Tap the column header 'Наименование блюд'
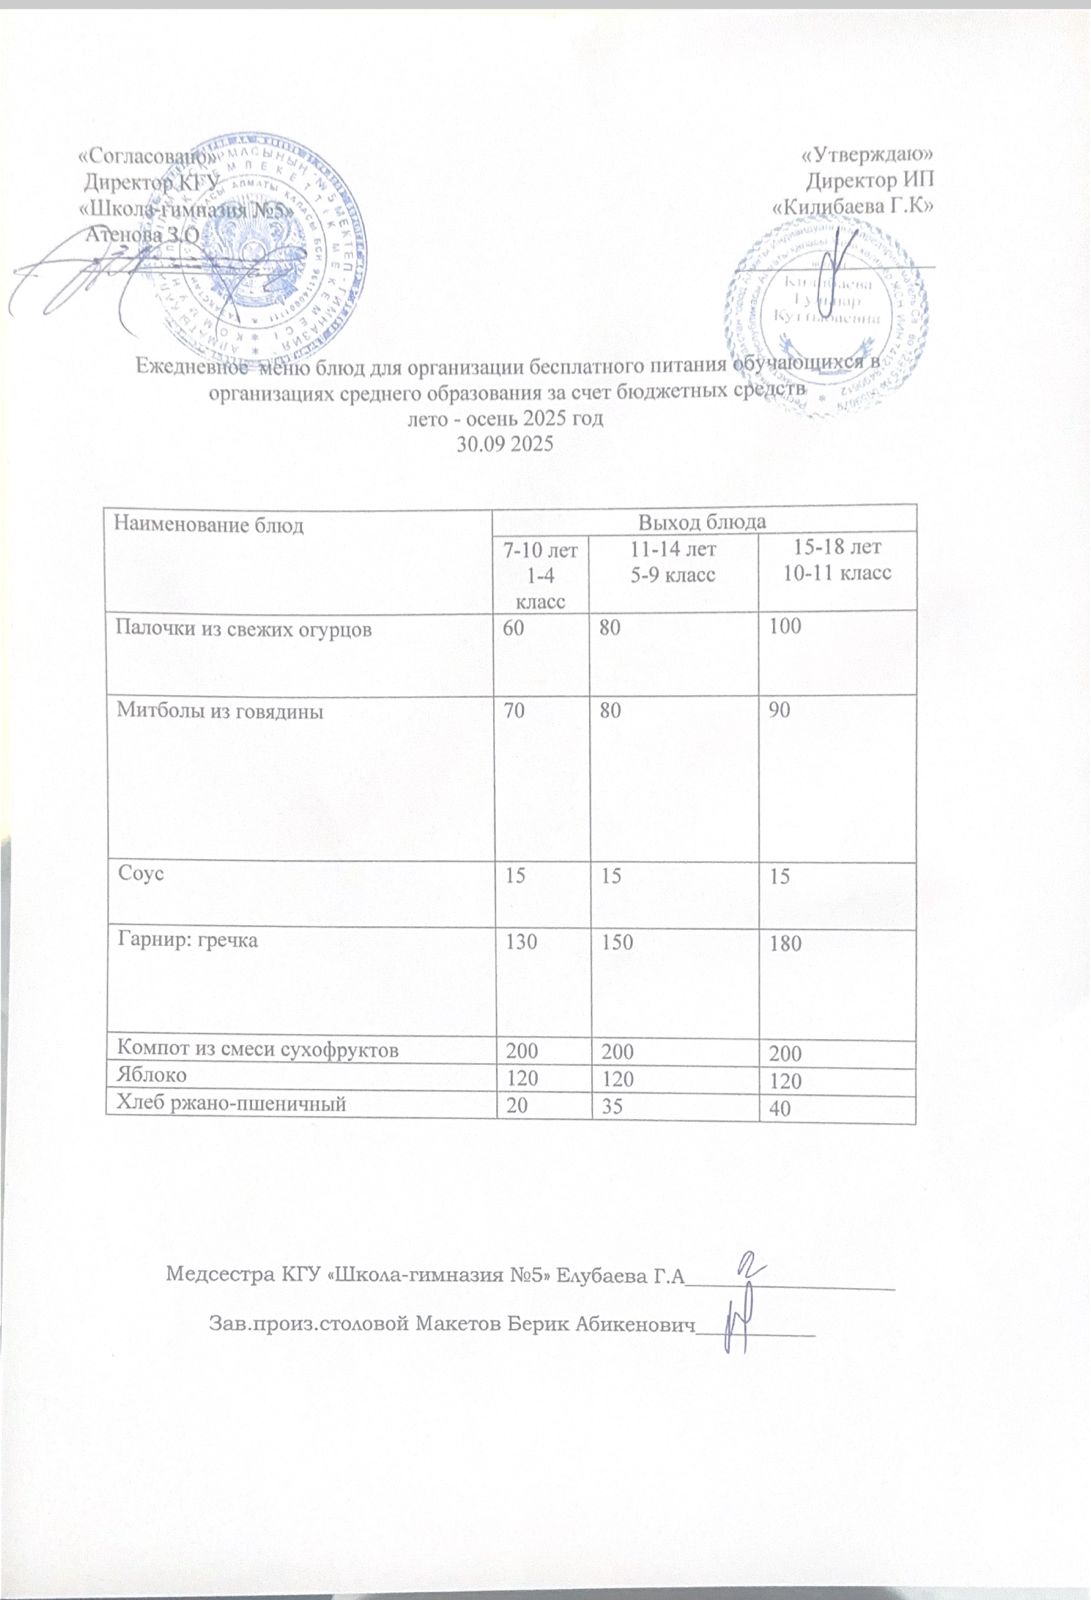[210, 524]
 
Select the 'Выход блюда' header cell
[702, 522]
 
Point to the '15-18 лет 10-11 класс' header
[837, 560]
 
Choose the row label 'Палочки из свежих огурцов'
[245, 630]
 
